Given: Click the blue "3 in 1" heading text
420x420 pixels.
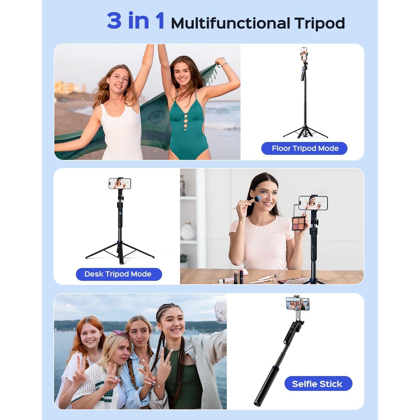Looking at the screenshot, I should tap(136, 21).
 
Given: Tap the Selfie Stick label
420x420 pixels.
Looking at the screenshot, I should tap(318, 384).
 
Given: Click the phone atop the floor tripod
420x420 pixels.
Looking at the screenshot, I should tap(304, 54).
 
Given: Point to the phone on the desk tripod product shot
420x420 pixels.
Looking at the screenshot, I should tap(120, 183).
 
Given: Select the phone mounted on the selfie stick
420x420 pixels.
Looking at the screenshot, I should tap(298, 304).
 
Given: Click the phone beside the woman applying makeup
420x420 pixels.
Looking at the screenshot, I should tap(313, 203).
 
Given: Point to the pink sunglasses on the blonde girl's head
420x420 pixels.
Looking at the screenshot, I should tap(120, 333).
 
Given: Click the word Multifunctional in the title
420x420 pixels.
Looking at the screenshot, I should tap(230, 23).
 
